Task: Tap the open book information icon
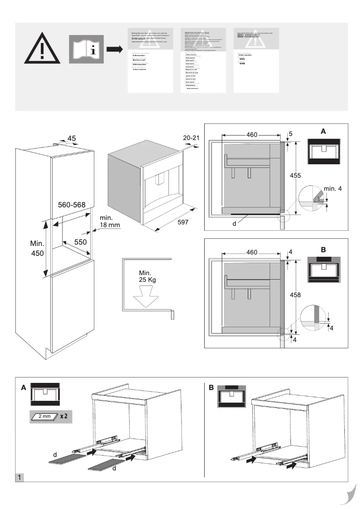pyautogui.click(x=86, y=49)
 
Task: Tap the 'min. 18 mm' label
pyautogui.click(x=110, y=221)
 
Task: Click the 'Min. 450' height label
pyautogui.click(x=37, y=249)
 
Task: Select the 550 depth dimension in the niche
pyautogui.click(x=80, y=241)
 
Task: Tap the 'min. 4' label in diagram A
pyautogui.click(x=332, y=189)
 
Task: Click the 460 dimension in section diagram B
pyautogui.click(x=251, y=253)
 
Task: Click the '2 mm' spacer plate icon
pyautogui.click(x=44, y=416)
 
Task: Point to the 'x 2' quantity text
pyautogui.click(x=64, y=416)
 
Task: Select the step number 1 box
pyautogui.click(x=20, y=476)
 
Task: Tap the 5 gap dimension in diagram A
pyautogui.click(x=290, y=134)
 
